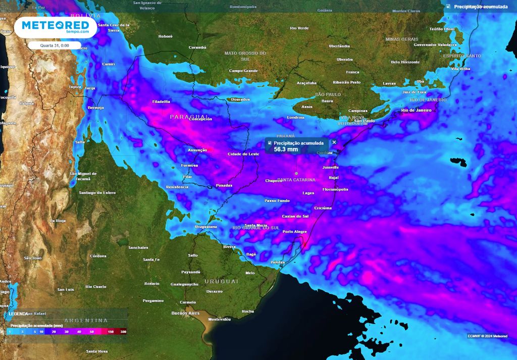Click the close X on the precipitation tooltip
[334, 142]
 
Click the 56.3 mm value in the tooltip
[286, 149]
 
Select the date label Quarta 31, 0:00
[55, 45]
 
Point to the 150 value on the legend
[110, 332]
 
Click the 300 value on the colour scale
[123, 332]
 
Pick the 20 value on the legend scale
[54, 332]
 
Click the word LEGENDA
[18, 314]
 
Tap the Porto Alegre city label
[295, 232]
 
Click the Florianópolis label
[335, 189]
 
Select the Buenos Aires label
[184, 313]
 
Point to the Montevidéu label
[219, 320]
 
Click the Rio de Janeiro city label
[416, 110]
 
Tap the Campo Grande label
[243, 71]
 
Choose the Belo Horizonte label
[405, 62]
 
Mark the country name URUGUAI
[221, 281]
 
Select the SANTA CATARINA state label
[296, 180]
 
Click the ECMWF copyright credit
[487, 336]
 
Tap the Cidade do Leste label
[243, 153]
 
